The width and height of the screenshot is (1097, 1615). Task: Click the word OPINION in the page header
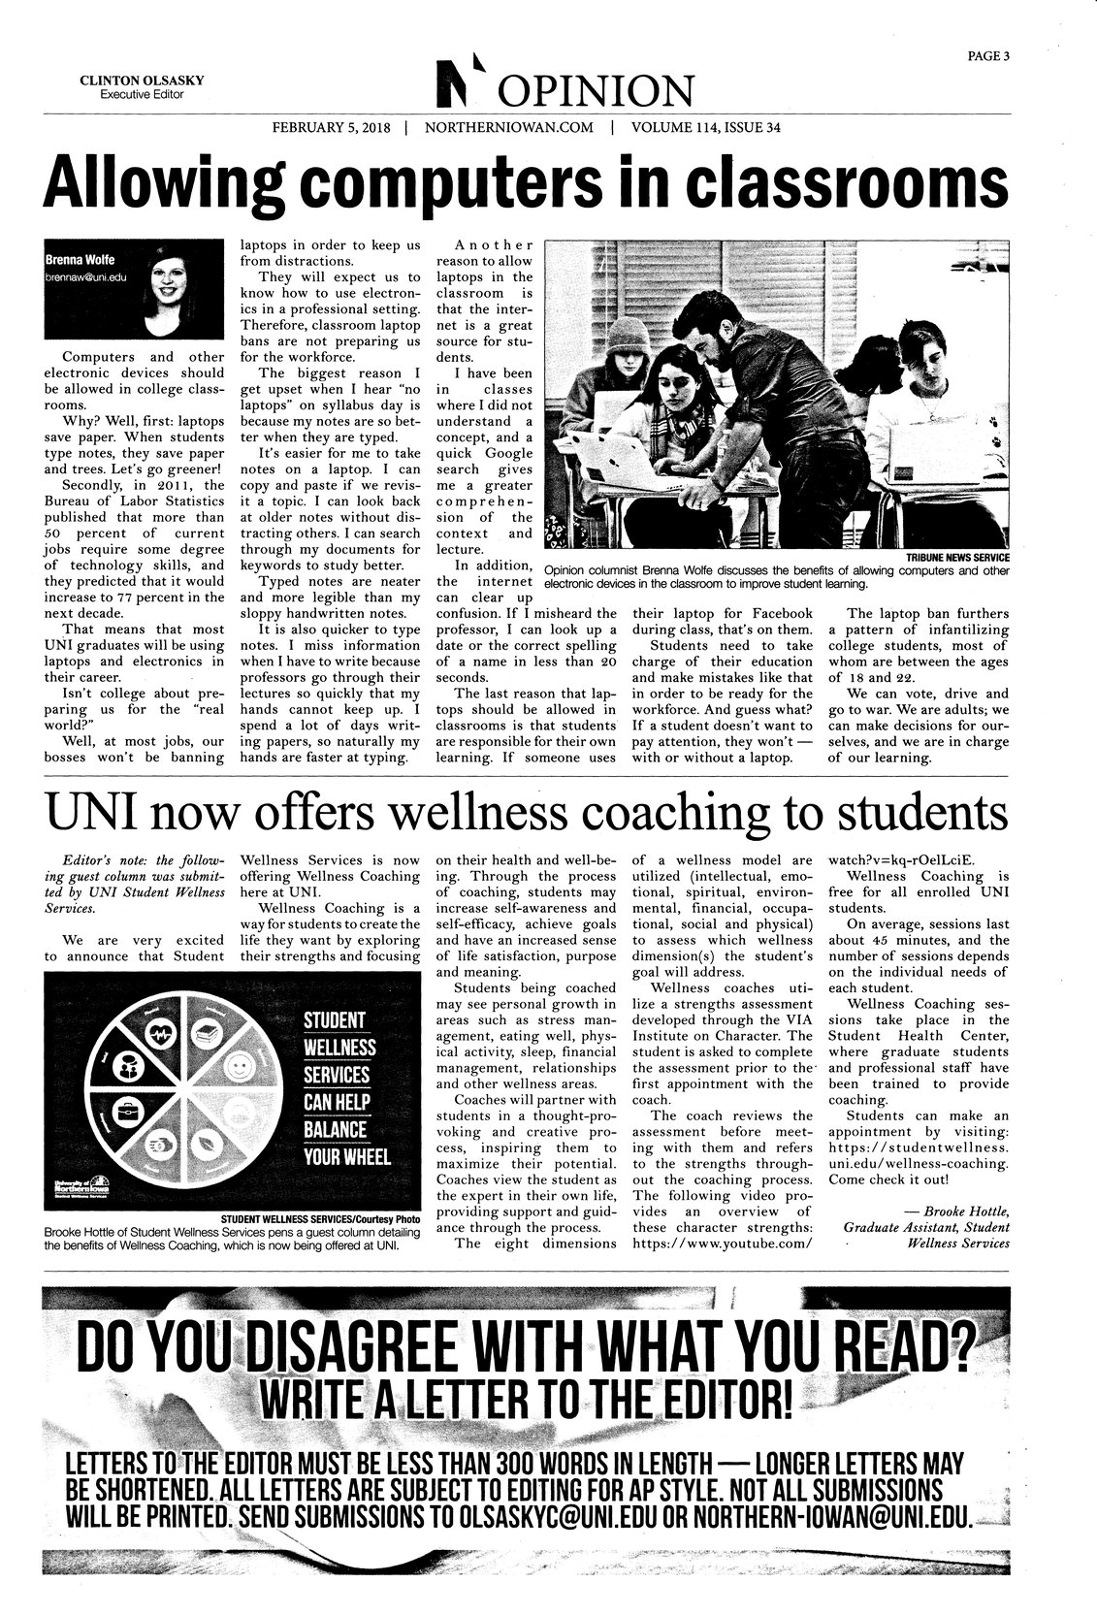click(596, 93)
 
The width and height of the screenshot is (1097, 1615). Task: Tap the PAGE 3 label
click(988, 55)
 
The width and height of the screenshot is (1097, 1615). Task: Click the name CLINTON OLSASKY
click(141, 81)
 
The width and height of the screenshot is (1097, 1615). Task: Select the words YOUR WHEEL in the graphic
click(346, 1157)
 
